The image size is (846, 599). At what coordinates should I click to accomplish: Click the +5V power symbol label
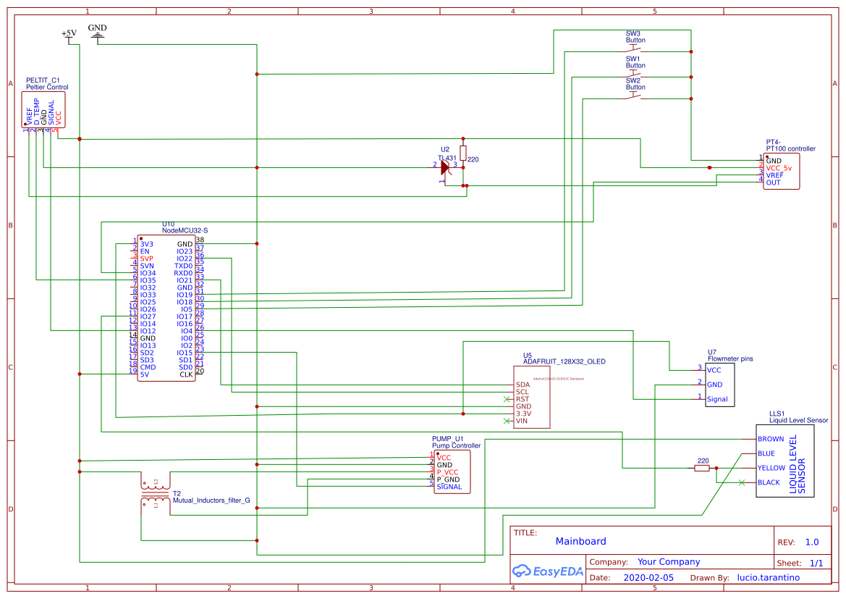68,33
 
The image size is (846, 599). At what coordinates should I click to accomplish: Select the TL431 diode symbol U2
446,167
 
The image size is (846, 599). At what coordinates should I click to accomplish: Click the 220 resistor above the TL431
463,152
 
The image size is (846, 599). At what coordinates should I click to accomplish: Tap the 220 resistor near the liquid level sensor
702,468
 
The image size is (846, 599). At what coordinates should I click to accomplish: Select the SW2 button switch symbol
635,95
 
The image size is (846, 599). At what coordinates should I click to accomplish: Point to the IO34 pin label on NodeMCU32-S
148,273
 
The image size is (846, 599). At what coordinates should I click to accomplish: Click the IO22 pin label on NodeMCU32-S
185,259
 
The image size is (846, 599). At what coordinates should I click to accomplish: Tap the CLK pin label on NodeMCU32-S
186,374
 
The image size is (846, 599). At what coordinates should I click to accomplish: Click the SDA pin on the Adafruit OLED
523,385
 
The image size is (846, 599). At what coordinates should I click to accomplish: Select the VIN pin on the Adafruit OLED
522,421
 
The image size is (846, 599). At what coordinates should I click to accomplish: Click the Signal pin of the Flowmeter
717,398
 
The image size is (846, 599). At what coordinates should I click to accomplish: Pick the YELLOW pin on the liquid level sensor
771,468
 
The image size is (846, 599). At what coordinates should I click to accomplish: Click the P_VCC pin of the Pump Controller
447,472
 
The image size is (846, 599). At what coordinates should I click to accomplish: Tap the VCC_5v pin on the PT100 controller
779,167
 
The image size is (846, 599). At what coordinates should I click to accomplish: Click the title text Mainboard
580,541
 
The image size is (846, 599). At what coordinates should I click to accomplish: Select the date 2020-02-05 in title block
648,578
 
